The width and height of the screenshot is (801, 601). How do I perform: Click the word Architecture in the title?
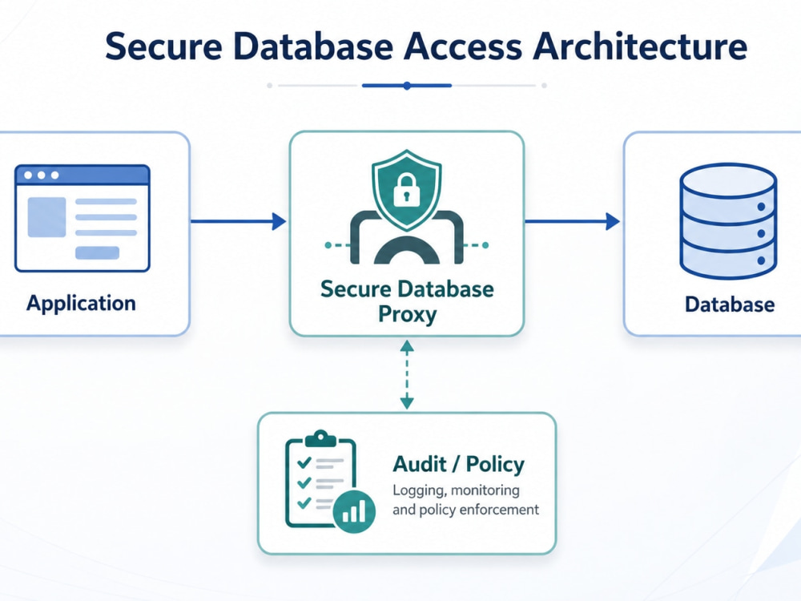[x=640, y=46]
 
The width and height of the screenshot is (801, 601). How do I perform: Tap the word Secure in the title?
[x=164, y=46]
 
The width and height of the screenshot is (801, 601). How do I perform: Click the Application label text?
[x=81, y=304]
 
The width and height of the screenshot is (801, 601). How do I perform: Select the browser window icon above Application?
[x=83, y=218]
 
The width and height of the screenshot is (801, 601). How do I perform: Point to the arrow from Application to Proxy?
[x=238, y=221]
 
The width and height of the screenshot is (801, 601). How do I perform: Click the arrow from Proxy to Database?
[x=572, y=221]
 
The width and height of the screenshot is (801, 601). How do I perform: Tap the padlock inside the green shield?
[x=407, y=190]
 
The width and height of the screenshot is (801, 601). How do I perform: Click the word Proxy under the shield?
[x=407, y=314]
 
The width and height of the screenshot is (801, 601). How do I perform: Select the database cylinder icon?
[x=728, y=221]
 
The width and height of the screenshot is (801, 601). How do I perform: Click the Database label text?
[x=730, y=305]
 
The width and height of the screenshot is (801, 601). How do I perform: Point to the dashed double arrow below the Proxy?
[x=407, y=374]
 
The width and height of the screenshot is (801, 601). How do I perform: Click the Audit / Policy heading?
[x=458, y=464]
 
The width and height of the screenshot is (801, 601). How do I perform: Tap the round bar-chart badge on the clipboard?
[x=354, y=511]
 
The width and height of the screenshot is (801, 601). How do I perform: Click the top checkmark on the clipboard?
[x=304, y=462]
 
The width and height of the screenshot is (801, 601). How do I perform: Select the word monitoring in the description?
[x=485, y=490]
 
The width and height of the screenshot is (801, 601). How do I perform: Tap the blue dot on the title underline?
[x=407, y=86]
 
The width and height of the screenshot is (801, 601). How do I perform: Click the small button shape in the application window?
[x=97, y=253]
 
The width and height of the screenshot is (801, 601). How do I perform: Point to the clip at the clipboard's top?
[x=320, y=438]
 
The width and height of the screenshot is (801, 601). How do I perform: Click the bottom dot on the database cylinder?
[x=761, y=260]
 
